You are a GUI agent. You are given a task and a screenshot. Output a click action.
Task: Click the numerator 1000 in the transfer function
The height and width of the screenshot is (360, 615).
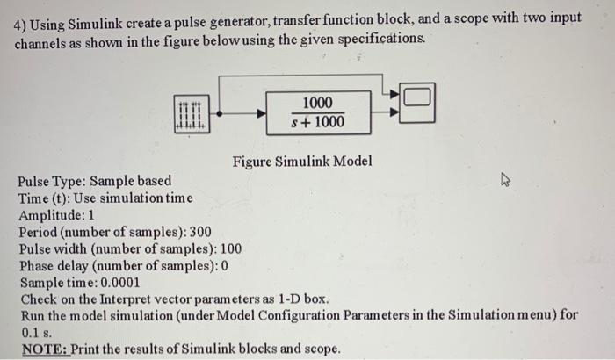[317, 102]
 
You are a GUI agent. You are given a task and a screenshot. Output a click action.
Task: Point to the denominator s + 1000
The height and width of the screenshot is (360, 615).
[317, 122]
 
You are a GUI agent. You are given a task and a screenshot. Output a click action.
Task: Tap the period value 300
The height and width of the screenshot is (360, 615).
[202, 232]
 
